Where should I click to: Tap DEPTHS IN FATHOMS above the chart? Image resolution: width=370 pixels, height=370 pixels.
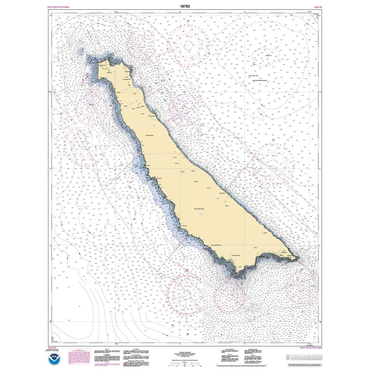[x=58, y=7]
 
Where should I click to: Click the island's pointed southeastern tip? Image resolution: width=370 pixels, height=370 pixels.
[x=297, y=258]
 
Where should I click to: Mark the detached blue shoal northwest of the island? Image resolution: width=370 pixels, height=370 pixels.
[x=80, y=52]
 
